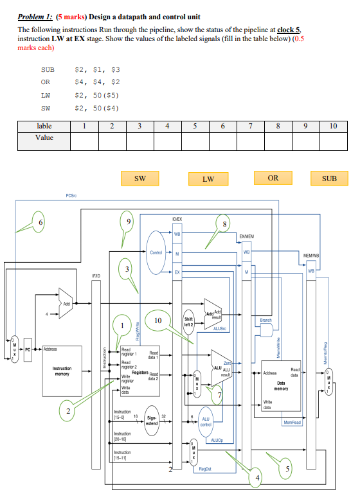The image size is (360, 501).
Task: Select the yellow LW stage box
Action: [x=208, y=179]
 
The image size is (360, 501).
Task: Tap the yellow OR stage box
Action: [x=273, y=178]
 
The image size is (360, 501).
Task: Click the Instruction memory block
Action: [x=62, y=372]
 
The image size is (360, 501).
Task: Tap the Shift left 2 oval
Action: [x=189, y=321]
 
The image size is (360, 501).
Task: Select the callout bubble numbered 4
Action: [x=259, y=478]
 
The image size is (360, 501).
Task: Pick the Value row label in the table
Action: [x=44, y=137]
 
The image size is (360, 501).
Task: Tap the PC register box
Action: [x=28, y=349]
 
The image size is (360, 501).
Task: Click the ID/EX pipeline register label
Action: [x=177, y=219]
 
